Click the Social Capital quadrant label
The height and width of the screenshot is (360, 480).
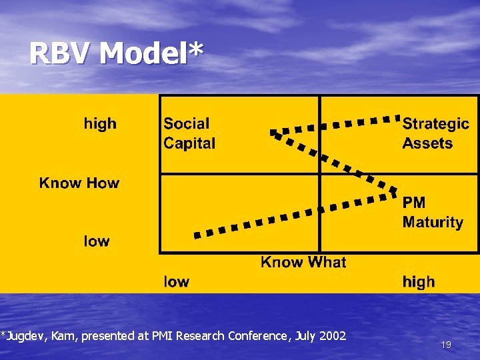click(x=189, y=133)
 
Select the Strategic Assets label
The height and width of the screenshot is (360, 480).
click(x=435, y=133)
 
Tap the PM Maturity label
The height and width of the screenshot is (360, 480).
click(x=432, y=212)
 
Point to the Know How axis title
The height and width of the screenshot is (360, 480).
click(x=79, y=183)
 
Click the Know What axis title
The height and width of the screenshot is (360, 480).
click(x=303, y=262)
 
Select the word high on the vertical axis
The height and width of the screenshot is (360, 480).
click(x=100, y=124)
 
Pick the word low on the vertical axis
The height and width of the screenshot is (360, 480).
click(x=97, y=241)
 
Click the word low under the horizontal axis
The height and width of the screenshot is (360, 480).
click(x=177, y=282)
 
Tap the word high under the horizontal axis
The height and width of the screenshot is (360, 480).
click(x=419, y=282)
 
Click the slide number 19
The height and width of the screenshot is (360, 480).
click(x=446, y=345)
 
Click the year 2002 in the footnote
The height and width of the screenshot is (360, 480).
click(x=333, y=336)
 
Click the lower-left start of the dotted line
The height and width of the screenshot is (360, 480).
click(x=197, y=235)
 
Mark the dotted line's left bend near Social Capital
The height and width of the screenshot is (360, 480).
click(x=273, y=133)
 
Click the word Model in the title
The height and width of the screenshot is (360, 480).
click(x=140, y=53)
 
